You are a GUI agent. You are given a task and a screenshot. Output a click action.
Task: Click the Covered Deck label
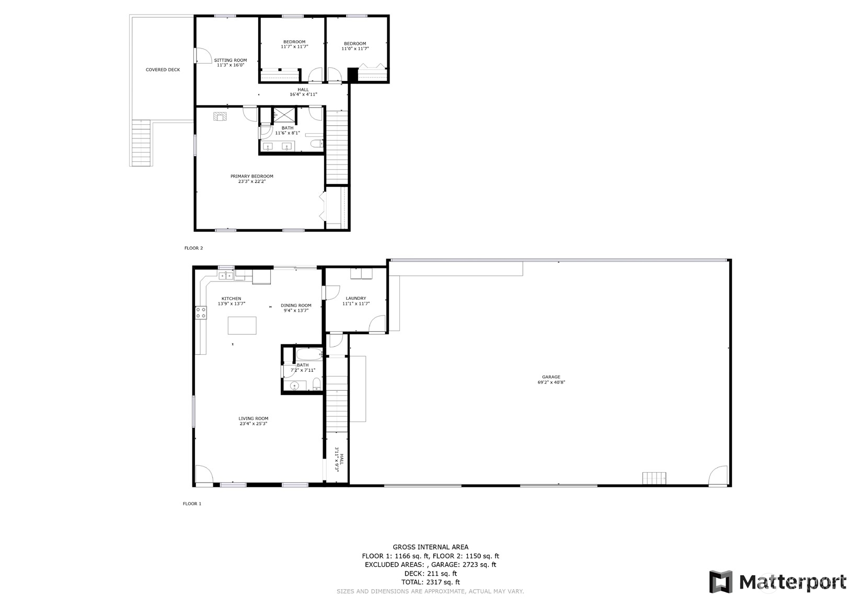pos(163,69)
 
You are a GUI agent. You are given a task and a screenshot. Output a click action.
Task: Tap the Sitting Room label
pos(230,63)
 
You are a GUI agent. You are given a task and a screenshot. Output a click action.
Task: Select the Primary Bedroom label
pos(252,179)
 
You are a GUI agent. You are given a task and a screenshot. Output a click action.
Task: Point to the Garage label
pos(551,379)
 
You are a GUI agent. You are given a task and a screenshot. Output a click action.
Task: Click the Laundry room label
pos(355,301)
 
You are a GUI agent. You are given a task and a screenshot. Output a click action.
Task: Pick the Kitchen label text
pos(232,301)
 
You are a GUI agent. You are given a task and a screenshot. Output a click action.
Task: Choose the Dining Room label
pos(295,308)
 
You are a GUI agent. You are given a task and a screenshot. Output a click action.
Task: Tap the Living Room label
pos(253,421)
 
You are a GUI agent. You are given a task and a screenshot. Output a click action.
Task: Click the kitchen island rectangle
pos(242,325)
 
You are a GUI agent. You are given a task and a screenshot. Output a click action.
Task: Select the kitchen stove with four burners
pos(201,312)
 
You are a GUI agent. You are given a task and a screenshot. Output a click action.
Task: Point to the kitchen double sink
pos(226,275)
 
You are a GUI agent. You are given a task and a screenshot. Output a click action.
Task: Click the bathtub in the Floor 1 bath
pos(308,354)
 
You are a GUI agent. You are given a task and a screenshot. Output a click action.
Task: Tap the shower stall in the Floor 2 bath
pos(285,114)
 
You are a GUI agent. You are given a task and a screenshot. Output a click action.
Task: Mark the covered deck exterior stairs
pos(141,143)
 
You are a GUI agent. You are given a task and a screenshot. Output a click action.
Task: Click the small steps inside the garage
pos(654,478)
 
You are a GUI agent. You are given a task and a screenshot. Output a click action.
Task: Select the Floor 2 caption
pos(193,248)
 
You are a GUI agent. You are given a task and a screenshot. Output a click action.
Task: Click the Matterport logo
pos(777,582)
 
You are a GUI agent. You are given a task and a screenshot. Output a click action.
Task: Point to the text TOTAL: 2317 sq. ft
pos(431,582)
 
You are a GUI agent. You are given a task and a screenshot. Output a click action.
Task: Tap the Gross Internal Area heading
pos(431,547)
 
